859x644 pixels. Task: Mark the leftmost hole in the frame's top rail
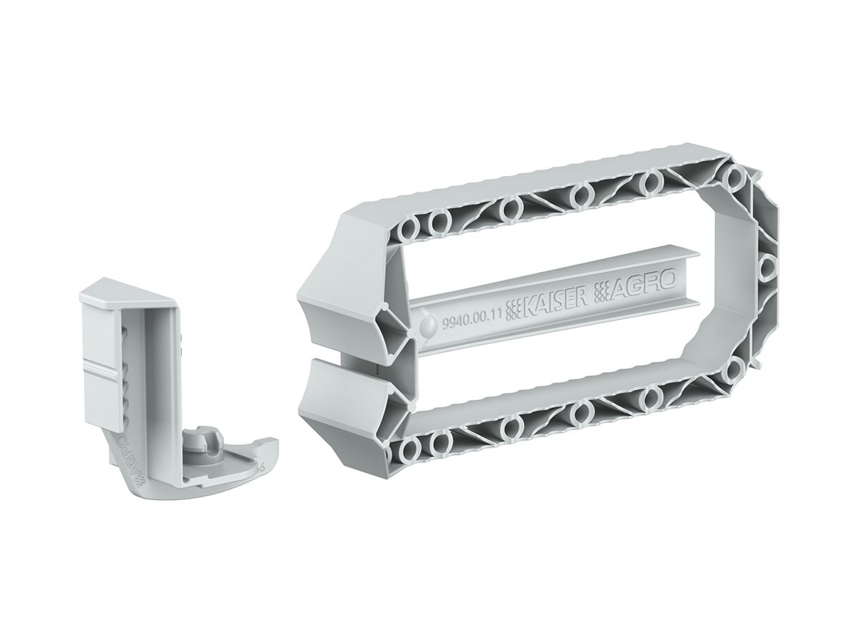(409, 231)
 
